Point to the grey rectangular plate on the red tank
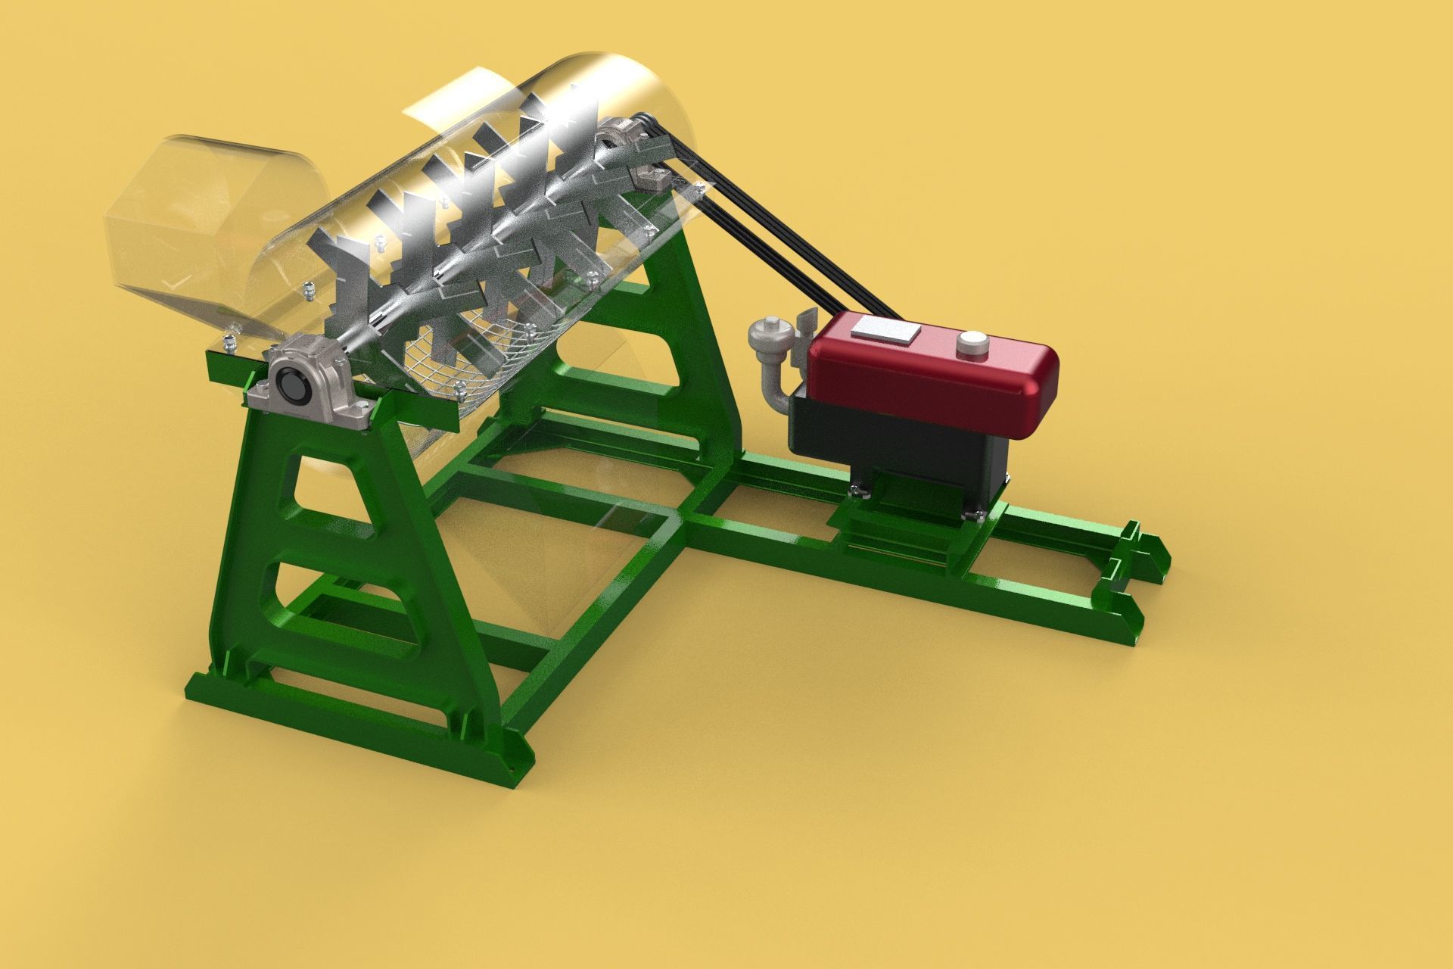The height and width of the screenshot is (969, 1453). (885, 329)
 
